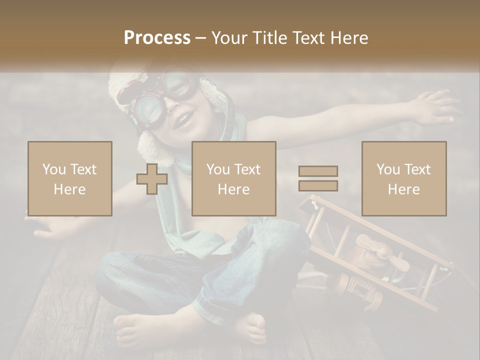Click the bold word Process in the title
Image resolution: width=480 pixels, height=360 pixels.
(x=157, y=38)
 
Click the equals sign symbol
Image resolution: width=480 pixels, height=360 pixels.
(x=318, y=178)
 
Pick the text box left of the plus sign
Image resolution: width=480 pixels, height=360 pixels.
(x=69, y=178)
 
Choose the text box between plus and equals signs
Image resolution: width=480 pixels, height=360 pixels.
(x=233, y=178)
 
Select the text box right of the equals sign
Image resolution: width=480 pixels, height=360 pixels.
(x=403, y=178)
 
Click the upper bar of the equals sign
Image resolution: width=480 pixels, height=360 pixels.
(x=318, y=171)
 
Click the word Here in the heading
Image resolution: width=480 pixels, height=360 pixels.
(x=348, y=38)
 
